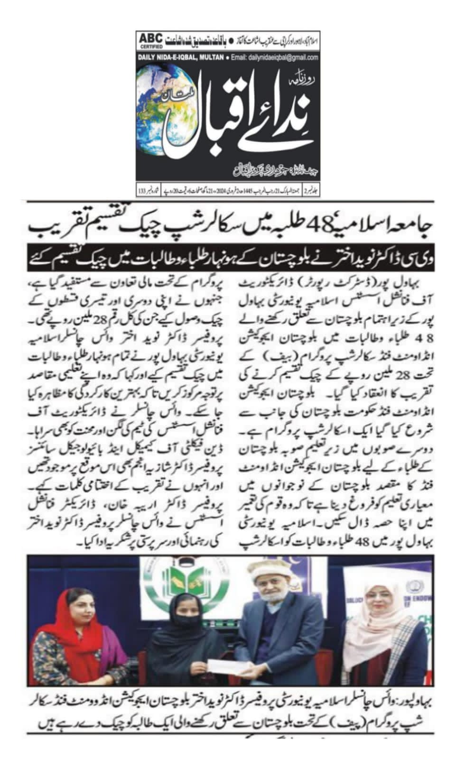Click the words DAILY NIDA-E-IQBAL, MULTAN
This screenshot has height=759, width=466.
click(x=180, y=58)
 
